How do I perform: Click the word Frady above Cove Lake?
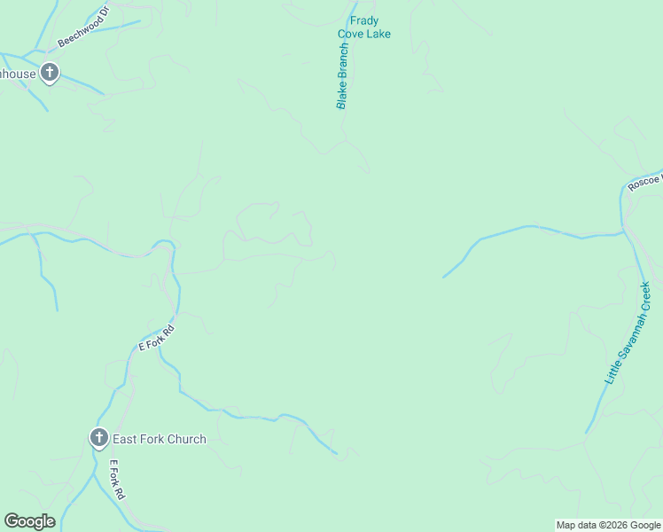point(364,21)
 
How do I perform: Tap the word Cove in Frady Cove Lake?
point(351,35)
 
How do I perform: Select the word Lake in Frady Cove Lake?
point(378,35)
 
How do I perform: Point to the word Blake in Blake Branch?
point(340,96)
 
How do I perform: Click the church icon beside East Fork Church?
point(98,438)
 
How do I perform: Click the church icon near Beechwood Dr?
point(51,74)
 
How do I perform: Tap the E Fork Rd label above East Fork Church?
point(157,338)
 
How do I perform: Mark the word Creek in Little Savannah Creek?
point(644,294)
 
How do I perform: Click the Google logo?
point(29,521)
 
